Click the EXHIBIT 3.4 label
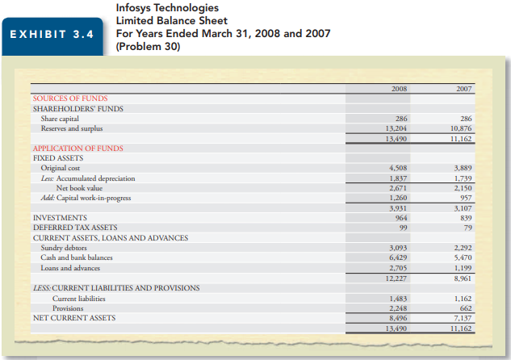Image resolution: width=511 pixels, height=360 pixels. (x=55, y=35)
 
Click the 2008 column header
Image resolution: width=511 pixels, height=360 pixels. (x=398, y=88)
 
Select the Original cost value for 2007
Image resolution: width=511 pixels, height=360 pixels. (x=462, y=168)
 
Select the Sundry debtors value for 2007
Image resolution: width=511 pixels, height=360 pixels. (x=462, y=248)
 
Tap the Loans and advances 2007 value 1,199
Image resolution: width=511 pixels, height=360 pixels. (x=462, y=268)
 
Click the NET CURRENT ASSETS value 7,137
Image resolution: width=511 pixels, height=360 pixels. (x=462, y=318)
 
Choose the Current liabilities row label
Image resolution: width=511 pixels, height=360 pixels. (x=78, y=298)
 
